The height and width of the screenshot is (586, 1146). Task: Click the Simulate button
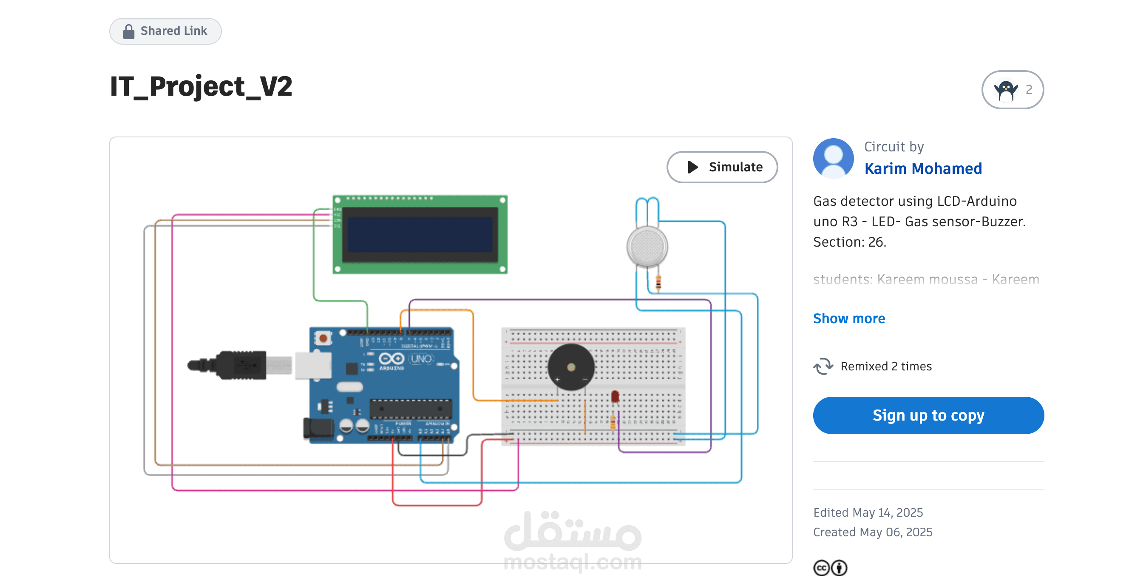coord(722,167)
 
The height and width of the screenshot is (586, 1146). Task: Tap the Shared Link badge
coord(165,31)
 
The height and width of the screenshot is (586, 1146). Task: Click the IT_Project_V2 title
coord(201,86)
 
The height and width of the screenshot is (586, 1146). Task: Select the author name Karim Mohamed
coord(923,169)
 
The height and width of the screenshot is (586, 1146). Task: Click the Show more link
coord(848,318)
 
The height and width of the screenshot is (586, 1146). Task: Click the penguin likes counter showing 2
coord(1012,90)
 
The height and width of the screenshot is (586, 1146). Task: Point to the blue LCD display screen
coord(420,234)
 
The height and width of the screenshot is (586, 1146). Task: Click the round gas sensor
coord(647,247)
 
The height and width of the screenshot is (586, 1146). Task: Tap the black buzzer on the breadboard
coord(571,367)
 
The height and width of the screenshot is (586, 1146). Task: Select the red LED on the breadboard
coord(615,396)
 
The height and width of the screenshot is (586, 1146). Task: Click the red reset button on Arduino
coord(323,338)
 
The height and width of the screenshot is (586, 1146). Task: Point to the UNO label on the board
coord(421,358)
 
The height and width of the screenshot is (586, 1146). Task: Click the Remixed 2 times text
coord(885,366)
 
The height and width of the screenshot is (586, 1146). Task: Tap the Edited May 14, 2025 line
coord(868,512)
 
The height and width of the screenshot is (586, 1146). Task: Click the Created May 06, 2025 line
coord(872,532)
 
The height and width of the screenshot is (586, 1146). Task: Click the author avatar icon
coord(833,158)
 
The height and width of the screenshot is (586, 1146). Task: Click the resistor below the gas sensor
coord(658,282)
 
